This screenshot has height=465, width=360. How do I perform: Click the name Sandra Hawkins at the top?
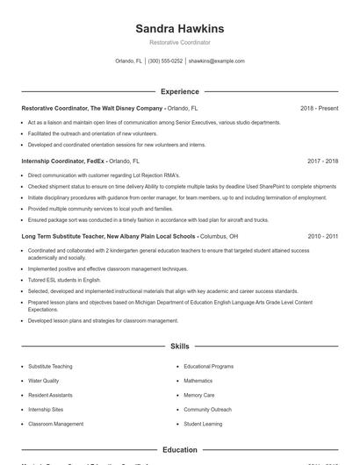coord(180,29)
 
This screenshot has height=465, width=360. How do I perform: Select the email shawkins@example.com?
coord(217,61)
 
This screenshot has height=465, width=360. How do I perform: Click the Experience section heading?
coord(180,91)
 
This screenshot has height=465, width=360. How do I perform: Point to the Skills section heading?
coord(180,347)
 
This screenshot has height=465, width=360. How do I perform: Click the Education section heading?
coord(180,450)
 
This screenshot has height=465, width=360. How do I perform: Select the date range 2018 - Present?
coord(319,108)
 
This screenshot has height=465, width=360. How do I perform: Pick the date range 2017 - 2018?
coord(322,161)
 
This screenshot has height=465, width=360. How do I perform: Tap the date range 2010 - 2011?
coord(322,237)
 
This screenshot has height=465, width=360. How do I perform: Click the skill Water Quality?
coord(44,381)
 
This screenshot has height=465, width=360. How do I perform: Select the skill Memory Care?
coord(198,395)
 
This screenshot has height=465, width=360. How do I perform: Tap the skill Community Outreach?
coord(207,409)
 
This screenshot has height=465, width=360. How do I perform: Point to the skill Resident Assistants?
coord(50,395)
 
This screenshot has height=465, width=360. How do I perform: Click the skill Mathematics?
coord(198,381)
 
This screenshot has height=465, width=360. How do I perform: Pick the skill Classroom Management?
coord(55,424)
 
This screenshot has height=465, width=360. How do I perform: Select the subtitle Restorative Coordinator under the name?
coord(180,42)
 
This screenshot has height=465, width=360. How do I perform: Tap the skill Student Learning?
coord(204,424)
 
